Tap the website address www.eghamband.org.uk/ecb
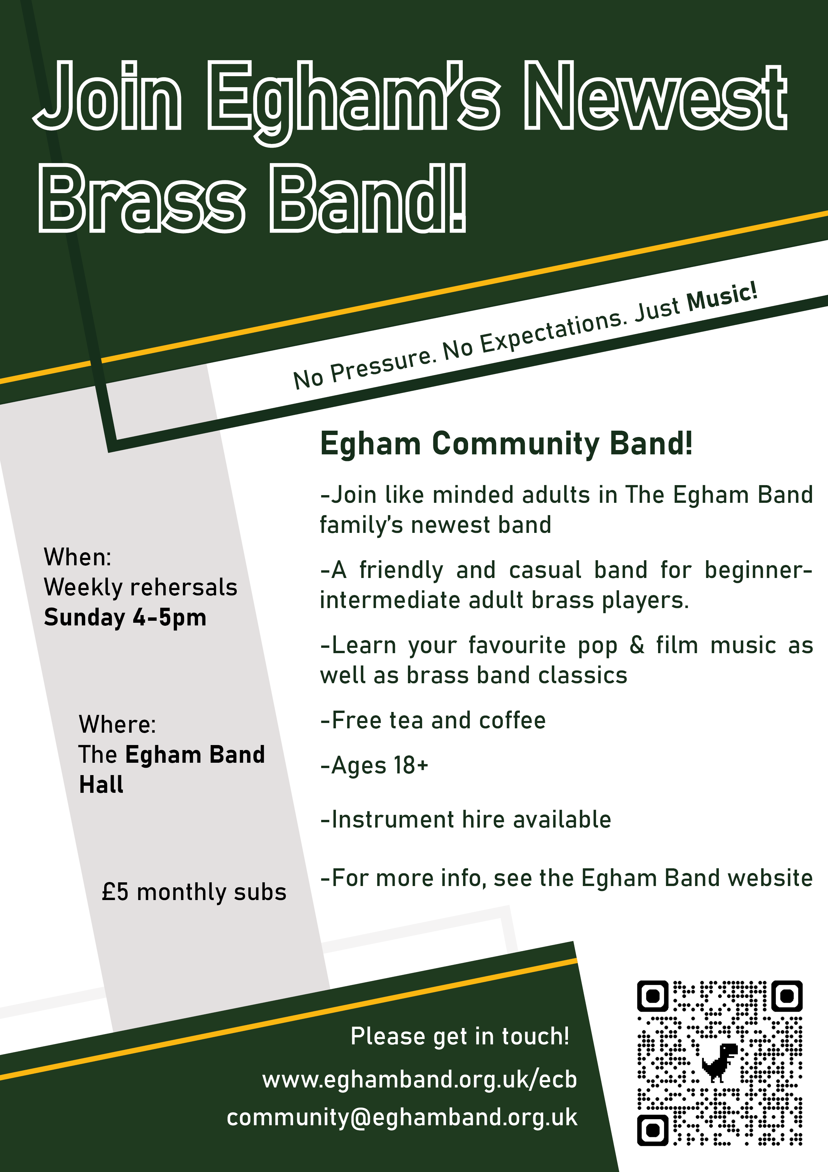click(419, 1079)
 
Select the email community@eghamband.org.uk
click(402, 1118)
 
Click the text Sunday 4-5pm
click(125, 617)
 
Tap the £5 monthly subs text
click(194, 892)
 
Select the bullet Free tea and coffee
click(433, 720)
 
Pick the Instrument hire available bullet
click(466, 819)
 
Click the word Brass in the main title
click(142, 199)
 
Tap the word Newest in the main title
click(656, 97)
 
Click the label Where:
click(117, 724)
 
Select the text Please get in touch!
click(460, 1036)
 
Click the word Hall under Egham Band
click(101, 784)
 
